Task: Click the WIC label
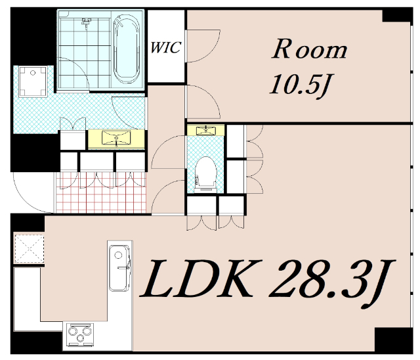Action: pos(165,47)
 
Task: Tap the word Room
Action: pos(309,49)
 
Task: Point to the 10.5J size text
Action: pos(299,85)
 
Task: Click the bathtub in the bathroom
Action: pos(127,49)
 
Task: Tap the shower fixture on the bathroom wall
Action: pos(86,23)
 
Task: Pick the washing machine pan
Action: pos(33,81)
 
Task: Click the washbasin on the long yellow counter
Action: pos(116,139)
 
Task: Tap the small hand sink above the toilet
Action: pos(206,130)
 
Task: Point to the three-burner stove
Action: pos(79,334)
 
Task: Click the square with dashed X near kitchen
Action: pos(29,249)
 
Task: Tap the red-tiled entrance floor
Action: pos(101,192)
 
